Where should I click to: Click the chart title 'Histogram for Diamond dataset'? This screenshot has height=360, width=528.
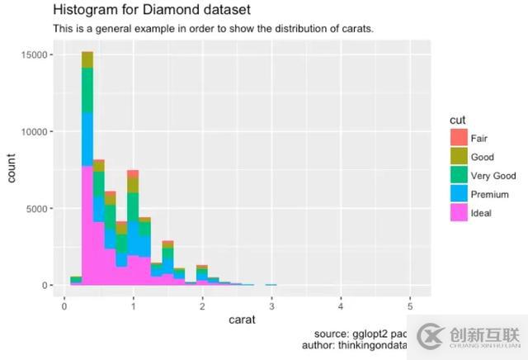(152, 10)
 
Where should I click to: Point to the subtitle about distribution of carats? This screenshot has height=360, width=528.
(213, 29)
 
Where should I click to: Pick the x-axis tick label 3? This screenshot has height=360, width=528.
(271, 301)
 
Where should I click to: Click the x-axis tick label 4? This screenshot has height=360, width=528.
(341, 301)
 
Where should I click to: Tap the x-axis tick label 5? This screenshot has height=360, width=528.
(410, 301)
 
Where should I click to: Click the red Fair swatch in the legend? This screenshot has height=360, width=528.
(458, 138)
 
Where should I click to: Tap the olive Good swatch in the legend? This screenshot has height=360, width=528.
(458, 157)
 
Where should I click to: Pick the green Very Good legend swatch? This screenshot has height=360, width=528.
(458, 176)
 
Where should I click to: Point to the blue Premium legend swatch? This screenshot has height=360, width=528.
(458, 195)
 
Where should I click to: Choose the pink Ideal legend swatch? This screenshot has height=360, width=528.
(458, 213)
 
